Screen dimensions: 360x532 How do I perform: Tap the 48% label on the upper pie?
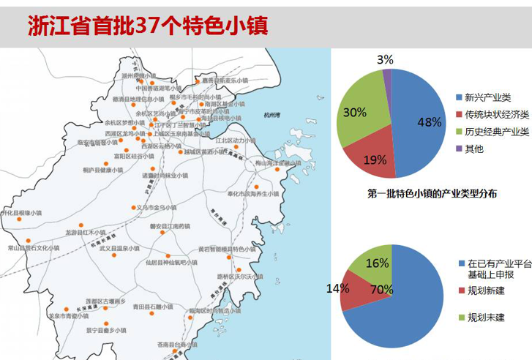pyautogui.click(x=430, y=122)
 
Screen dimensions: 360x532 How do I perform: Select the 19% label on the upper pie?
pyautogui.click(x=375, y=160)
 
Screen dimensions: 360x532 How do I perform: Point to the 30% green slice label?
pyautogui.click(x=354, y=112)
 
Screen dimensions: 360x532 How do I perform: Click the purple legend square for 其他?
pyautogui.click(x=458, y=149)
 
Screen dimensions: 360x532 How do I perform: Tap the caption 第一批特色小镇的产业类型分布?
pyautogui.click(x=432, y=194)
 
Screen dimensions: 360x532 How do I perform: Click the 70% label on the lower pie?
pyautogui.click(x=381, y=290)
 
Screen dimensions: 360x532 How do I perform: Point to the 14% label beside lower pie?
pyautogui.click(x=337, y=288)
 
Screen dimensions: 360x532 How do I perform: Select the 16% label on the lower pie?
pyautogui.click(x=377, y=263)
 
